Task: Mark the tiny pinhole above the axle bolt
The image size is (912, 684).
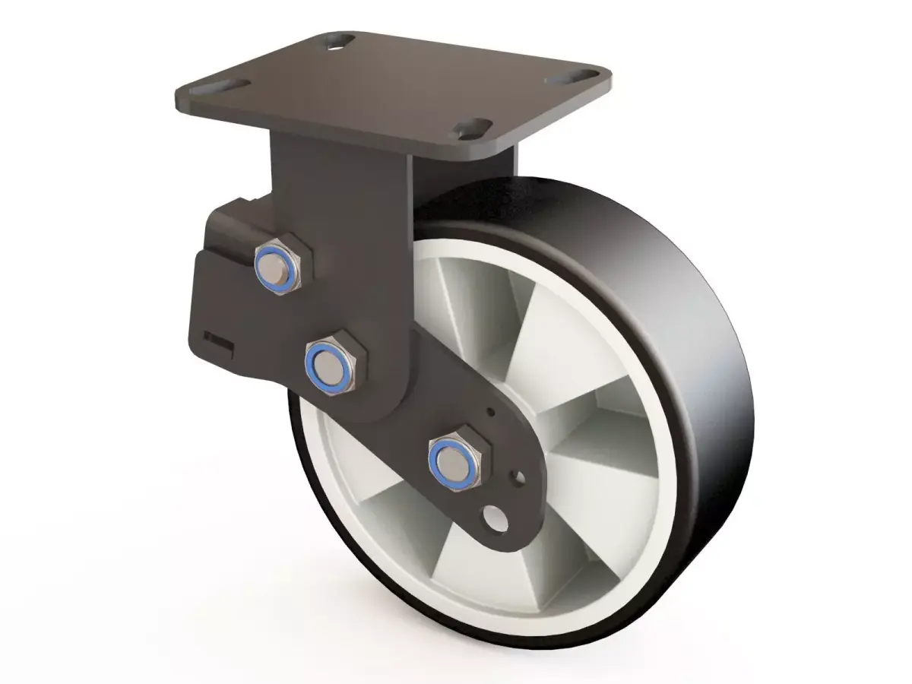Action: [x=492, y=413]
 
